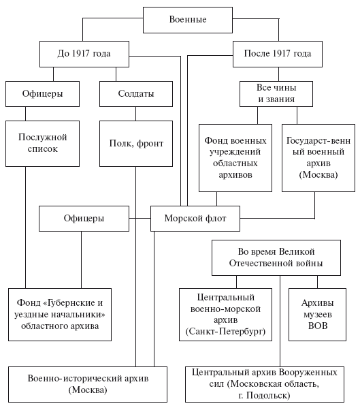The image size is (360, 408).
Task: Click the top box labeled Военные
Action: pos(188,20)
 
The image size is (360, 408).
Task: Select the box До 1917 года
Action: pos(84,54)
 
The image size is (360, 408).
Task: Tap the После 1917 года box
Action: pos(278,54)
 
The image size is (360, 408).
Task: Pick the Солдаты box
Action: pos(136,94)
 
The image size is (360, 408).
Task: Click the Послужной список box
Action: pos(42,144)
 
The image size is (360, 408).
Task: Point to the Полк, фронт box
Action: pos(136,144)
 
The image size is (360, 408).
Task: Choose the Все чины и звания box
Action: pos(276,94)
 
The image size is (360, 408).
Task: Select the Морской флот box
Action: pos(195,219)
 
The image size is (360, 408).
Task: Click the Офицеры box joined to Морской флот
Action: pos(84,219)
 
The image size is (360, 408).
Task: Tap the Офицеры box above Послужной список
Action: pos(42,94)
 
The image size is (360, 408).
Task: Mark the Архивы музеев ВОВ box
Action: pos(317,315)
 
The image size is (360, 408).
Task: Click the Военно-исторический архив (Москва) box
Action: pos(88,384)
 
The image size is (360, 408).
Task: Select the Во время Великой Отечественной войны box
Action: pos(276,257)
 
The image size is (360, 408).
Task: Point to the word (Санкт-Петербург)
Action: pos(225,332)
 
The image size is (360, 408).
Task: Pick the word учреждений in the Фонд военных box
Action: pos(235,152)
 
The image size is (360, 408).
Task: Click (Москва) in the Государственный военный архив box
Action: pos(318,174)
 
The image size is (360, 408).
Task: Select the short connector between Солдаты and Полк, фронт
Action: pos(135,114)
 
